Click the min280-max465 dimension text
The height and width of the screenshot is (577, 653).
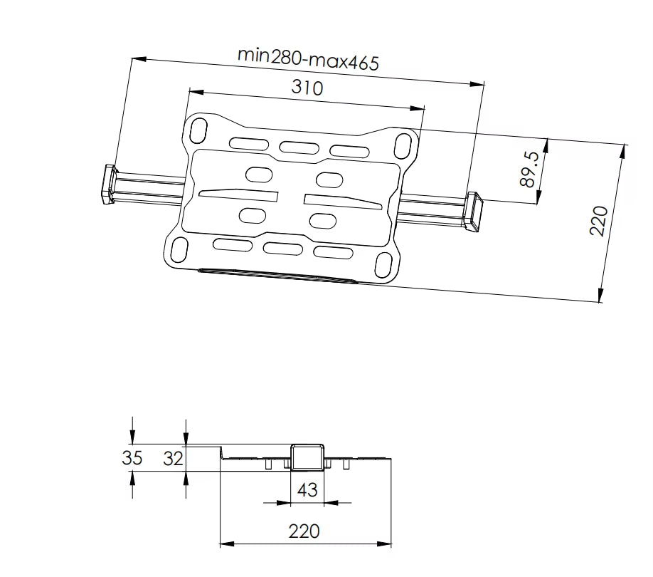coord(308,59)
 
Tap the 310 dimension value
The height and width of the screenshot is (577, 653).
coord(307,88)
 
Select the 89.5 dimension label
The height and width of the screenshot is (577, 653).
coord(530,170)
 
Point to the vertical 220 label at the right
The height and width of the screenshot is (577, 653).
coord(599,221)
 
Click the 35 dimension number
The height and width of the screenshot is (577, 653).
coord(132,458)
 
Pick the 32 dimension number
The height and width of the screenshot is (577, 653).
coord(174,459)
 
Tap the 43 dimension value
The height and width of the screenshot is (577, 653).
coord(307,490)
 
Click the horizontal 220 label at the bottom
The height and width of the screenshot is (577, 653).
coord(304,531)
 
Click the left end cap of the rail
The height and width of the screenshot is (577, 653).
coord(109,184)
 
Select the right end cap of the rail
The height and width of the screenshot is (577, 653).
coord(473,212)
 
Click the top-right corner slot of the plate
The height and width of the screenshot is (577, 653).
coord(403,145)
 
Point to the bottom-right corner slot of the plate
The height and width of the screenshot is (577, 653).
coord(383,265)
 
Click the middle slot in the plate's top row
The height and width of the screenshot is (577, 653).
coord(299,147)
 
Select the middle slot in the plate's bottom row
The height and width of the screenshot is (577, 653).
coord(283,249)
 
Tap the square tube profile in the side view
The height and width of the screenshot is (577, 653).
coord(307,457)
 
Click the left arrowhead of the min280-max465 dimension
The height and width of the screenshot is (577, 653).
coord(139,59)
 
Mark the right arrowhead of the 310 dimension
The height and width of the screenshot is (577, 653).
coord(418,108)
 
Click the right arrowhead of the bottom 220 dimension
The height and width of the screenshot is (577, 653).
coord(384,544)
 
